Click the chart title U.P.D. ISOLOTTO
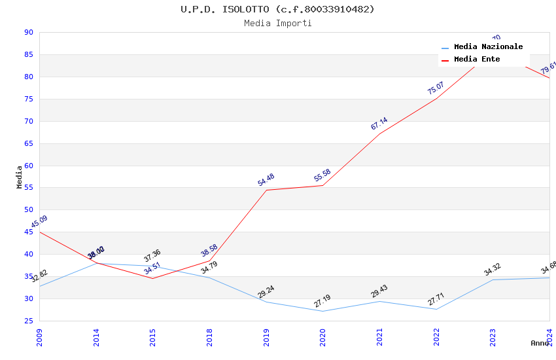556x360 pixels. pos(277,9)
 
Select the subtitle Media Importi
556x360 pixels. pos(277,23)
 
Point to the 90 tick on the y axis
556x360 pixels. pos(28,32)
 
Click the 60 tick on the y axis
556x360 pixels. pos(28,166)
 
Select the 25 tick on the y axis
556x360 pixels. pos(28,321)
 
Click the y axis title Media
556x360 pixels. pos(20,177)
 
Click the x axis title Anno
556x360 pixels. pos(540,343)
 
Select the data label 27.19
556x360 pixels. pos(322,301)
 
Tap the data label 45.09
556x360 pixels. pos(39,223)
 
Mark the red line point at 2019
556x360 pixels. pos(266,190)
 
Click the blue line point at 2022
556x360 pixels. pos(436,309)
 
